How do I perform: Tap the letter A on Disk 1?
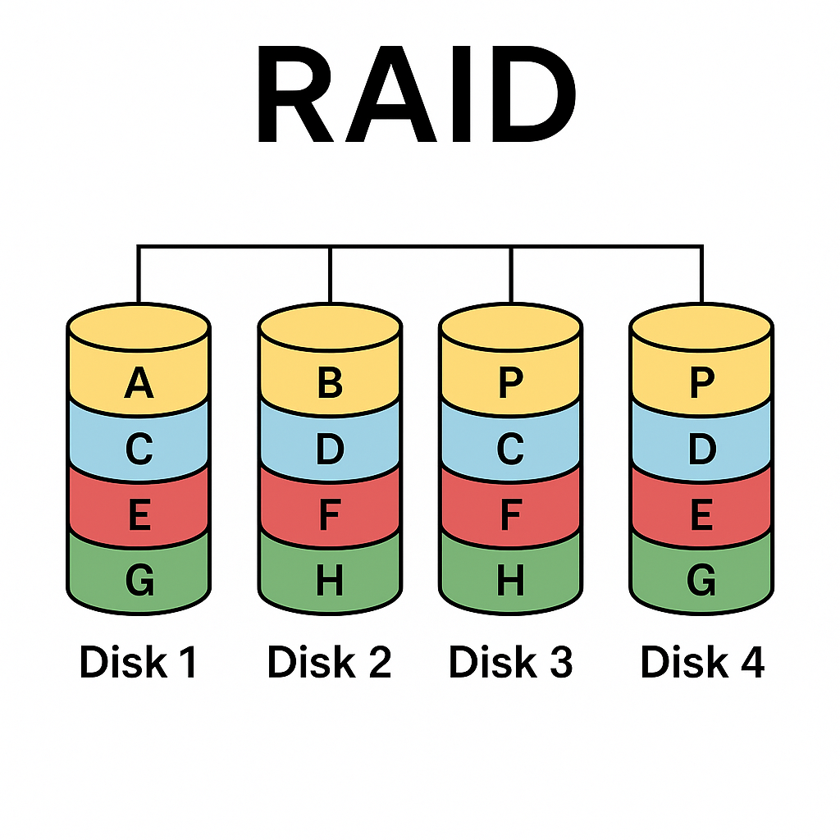pyautogui.click(x=139, y=383)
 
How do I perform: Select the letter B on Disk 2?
pyautogui.click(x=330, y=383)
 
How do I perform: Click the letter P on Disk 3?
pyautogui.click(x=511, y=383)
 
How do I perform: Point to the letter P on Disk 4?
pyautogui.click(x=701, y=383)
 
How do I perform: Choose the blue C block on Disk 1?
pyautogui.click(x=139, y=449)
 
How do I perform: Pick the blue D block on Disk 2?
pyautogui.click(x=330, y=449)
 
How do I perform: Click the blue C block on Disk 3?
pyautogui.click(x=511, y=449)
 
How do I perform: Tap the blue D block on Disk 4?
pyautogui.click(x=701, y=449)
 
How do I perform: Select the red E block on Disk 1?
pyautogui.click(x=139, y=515)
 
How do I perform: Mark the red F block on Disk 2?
pyautogui.click(x=330, y=515)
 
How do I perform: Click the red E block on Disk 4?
pyautogui.click(x=701, y=515)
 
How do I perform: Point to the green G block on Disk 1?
pyautogui.click(x=139, y=581)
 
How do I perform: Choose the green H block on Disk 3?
pyautogui.click(x=511, y=581)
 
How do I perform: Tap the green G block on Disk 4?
pyautogui.click(x=701, y=581)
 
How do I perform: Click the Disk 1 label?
pyautogui.click(x=139, y=662)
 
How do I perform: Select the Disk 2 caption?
pyautogui.click(x=330, y=662)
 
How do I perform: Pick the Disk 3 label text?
pyautogui.click(x=511, y=662)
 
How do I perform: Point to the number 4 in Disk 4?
pyautogui.click(x=751, y=662)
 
